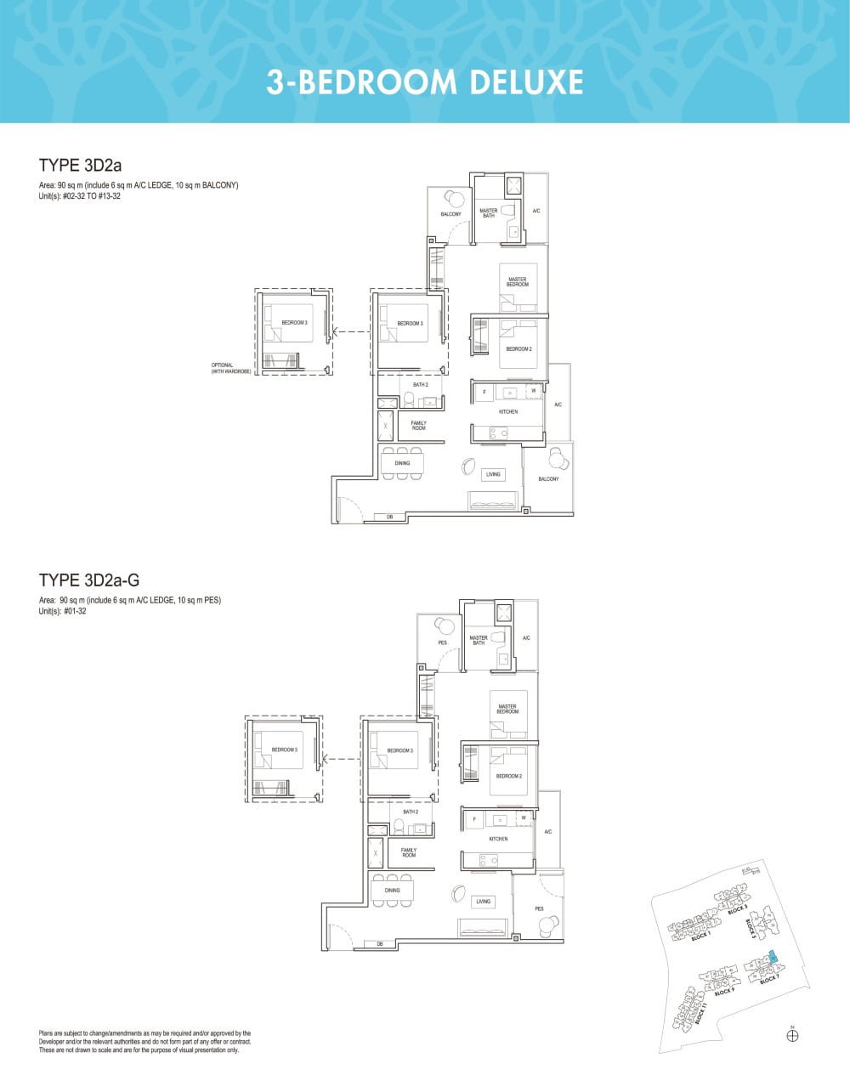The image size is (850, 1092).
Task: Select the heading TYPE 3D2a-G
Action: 89,580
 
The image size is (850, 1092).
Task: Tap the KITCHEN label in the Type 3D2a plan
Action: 508,412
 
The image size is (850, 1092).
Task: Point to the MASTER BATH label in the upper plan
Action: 489,213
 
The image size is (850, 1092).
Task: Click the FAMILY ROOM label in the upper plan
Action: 418,425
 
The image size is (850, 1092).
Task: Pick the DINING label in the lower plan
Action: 392,891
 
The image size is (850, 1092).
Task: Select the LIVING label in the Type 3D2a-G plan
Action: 484,902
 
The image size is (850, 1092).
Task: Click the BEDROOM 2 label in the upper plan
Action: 518,349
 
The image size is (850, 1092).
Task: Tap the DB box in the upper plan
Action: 390,517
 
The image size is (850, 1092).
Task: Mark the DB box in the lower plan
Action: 380,944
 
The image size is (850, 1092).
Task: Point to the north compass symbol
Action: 792,1035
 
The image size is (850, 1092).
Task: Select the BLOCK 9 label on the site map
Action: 724,991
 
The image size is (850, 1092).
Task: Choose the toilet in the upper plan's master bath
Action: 507,211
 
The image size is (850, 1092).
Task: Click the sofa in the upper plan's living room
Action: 495,501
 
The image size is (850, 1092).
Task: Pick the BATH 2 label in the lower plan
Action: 411,812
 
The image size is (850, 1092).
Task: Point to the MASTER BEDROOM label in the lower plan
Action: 507,709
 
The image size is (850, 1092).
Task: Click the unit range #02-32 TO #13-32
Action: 83,196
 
